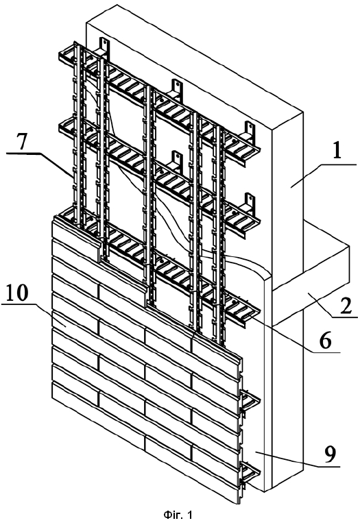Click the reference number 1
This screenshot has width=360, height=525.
tap(337, 149)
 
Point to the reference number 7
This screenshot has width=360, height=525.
tap(21, 143)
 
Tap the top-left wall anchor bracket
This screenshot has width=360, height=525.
tap(104, 47)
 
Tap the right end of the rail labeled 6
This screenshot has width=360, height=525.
tap(258, 314)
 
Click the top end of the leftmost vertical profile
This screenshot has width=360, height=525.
tap(76, 43)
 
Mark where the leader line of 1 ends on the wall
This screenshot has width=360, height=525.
tap(291, 188)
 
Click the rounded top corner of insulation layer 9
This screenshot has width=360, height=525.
tap(265, 276)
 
